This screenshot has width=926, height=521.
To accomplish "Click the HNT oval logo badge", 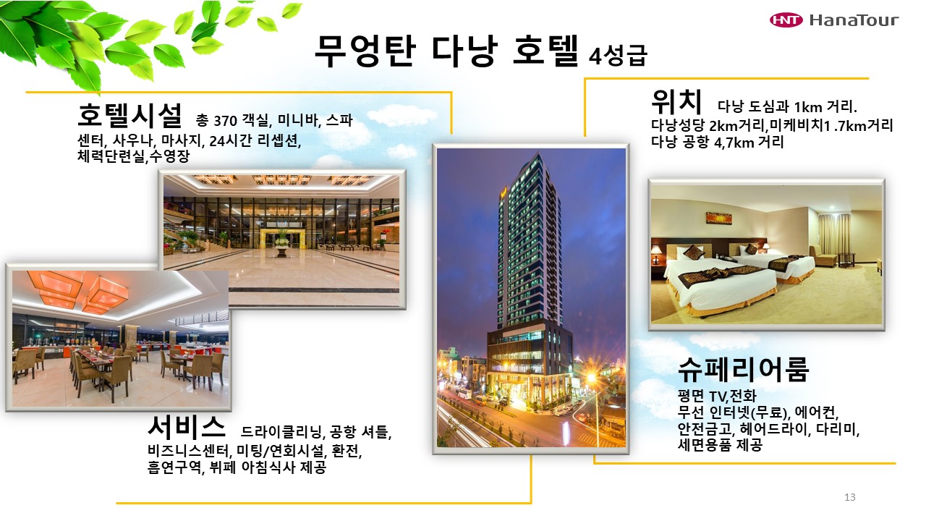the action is [x=786, y=20].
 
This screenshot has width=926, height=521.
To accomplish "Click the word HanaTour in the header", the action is [x=854, y=20].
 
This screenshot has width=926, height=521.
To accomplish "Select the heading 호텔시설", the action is [x=129, y=115].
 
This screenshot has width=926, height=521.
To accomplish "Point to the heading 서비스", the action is [x=187, y=427].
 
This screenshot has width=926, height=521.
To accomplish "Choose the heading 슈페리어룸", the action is [x=743, y=369].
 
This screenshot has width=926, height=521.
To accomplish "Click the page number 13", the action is [x=849, y=497].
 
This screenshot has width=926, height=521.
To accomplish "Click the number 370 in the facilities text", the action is [x=225, y=121].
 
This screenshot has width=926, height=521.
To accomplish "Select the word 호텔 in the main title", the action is [x=545, y=51].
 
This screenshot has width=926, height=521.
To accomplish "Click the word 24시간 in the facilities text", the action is [x=231, y=141].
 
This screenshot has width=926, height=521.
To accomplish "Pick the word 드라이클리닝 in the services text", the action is [x=281, y=432].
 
